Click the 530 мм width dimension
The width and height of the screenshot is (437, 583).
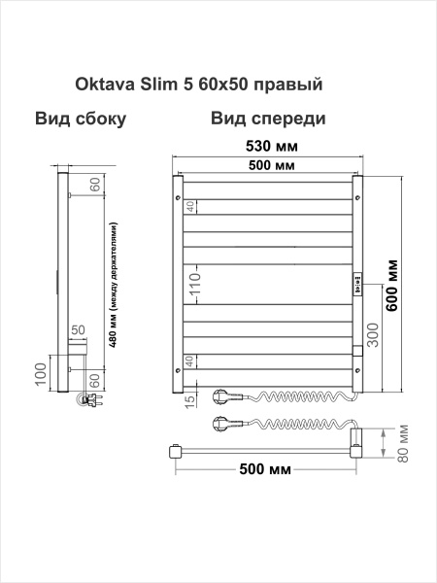(267, 146)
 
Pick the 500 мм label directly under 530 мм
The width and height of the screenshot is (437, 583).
(266, 167)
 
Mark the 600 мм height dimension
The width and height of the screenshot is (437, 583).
(393, 285)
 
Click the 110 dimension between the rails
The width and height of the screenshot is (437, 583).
(194, 285)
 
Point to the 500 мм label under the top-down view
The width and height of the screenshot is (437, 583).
(265, 471)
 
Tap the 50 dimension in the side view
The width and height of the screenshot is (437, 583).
(78, 335)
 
